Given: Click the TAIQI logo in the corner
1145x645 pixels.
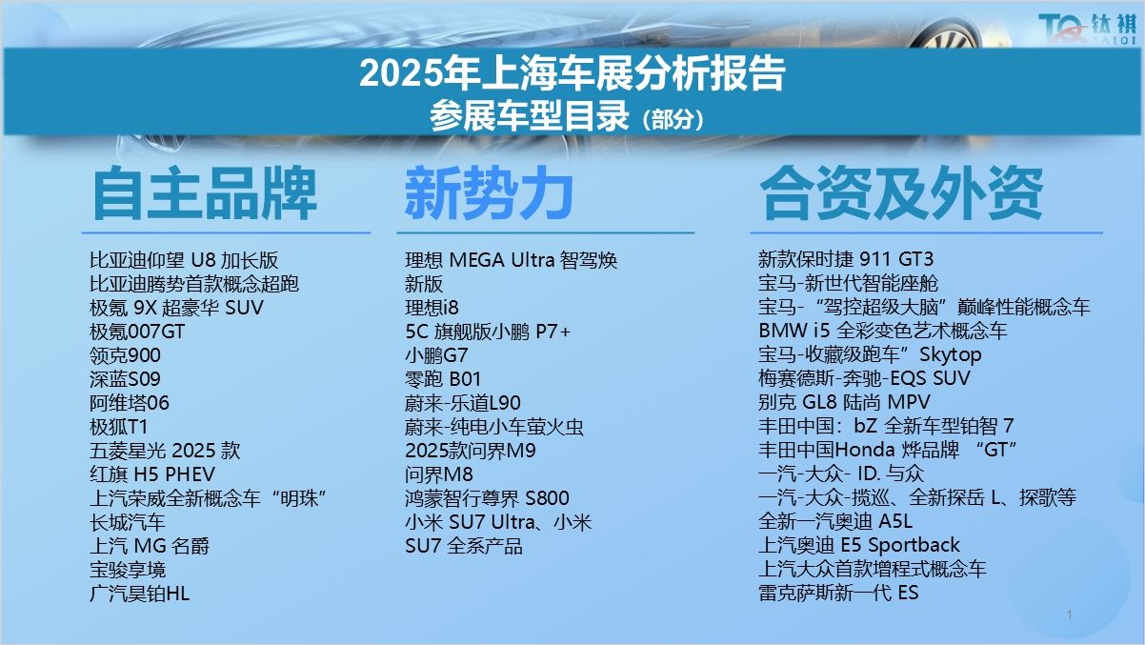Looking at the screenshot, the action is click(x=1088, y=29).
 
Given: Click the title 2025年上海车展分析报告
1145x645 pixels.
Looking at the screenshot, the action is click(x=572, y=74).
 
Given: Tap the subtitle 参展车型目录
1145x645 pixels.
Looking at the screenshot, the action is click(x=529, y=115).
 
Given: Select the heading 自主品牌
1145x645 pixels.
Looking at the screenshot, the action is click(x=205, y=192).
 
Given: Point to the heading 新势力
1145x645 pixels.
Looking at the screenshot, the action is click(x=489, y=192).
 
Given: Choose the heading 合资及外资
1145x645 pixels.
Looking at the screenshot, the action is click(x=901, y=192).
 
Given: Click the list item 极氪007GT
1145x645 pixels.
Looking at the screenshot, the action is click(x=137, y=332).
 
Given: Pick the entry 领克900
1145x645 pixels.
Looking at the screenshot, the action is click(x=125, y=355).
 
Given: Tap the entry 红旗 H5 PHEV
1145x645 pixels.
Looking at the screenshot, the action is click(x=152, y=474).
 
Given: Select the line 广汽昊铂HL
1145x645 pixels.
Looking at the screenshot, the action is click(x=139, y=594).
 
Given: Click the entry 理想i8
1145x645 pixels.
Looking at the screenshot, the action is click(x=432, y=308).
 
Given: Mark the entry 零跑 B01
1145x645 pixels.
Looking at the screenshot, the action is click(x=443, y=379).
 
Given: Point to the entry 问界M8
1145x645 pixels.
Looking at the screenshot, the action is click(x=439, y=474).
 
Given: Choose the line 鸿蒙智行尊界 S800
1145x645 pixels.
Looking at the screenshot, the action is click(x=487, y=498).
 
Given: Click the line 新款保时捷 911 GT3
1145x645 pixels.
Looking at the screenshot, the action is click(x=846, y=259).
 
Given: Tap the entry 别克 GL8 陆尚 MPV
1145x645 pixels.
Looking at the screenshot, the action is click(x=844, y=402).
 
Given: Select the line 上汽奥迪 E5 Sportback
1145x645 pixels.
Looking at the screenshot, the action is click(x=859, y=545).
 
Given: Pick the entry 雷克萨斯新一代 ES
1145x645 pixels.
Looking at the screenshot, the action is click(x=838, y=593).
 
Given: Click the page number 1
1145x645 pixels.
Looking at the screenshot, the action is click(x=1070, y=615).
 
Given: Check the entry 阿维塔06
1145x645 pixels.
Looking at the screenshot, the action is click(x=130, y=403).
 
